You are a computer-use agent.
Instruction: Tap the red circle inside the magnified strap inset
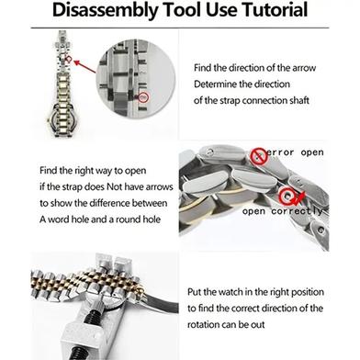[x=142, y=96]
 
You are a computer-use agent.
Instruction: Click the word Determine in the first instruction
[x=221, y=84]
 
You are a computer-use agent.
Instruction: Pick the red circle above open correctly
[x=289, y=194]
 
